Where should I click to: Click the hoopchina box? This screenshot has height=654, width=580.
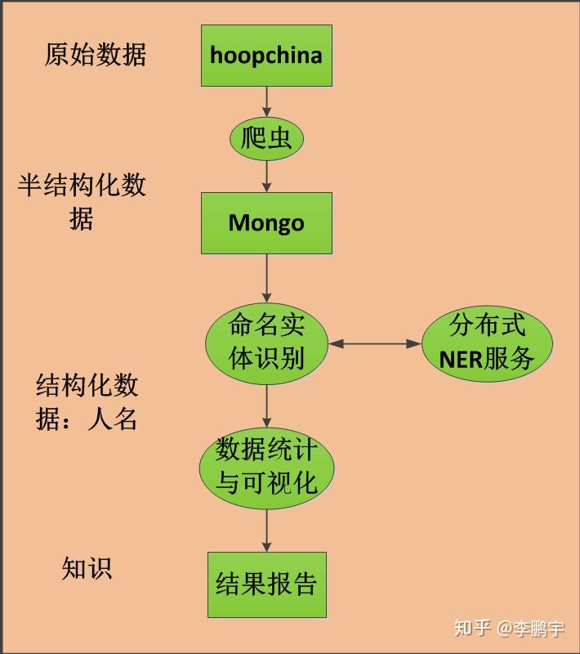pos(266,56)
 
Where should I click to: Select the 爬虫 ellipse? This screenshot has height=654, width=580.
pos(266,139)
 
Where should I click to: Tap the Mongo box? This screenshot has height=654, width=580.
pos(266,223)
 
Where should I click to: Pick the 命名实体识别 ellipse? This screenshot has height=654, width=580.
pos(266,343)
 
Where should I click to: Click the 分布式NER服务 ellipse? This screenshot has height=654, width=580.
pos(487,343)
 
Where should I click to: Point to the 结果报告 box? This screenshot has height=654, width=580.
pos(266,584)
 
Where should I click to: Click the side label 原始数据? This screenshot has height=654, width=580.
pos(96,55)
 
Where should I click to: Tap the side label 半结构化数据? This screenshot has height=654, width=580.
pos(82,201)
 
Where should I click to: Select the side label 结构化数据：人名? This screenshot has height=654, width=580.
pos(87,401)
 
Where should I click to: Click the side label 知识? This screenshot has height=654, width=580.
pos(87,568)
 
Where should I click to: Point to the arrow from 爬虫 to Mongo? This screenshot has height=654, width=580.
pos(266,175)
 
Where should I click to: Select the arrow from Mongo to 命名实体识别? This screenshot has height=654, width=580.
pos(266,278)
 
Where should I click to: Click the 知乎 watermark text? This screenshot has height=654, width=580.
pos(472,628)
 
